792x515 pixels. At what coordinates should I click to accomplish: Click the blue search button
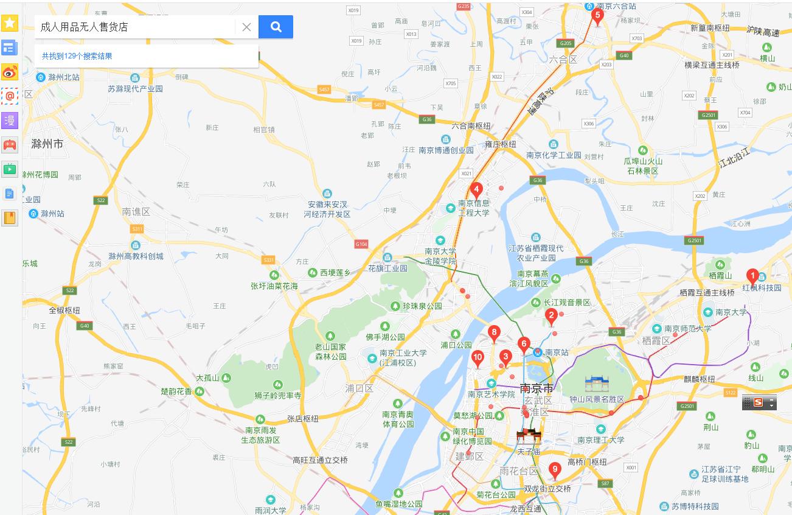(x=276, y=27)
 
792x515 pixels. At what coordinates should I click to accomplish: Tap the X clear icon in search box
(x=246, y=27)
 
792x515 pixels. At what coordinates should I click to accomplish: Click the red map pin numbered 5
(x=597, y=16)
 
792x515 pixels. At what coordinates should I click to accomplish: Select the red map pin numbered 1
(x=752, y=276)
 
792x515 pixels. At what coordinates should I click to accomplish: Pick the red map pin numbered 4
(x=477, y=189)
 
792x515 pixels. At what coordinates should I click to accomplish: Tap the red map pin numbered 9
(x=554, y=469)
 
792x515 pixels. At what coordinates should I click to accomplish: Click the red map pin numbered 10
(x=478, y=358)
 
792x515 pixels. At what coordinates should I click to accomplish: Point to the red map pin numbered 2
(x=551, y=316)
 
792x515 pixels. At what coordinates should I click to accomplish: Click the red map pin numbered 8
(x=494, y=333)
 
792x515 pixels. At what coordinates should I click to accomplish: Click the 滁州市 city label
(x=47, y=144)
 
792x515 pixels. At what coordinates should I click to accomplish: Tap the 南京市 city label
(x=537, y=388)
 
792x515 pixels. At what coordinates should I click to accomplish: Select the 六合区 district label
(x=562, y=59)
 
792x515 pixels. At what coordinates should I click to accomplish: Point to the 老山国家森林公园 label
(x=330, y=351)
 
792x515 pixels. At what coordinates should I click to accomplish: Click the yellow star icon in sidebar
(x=10, y=23)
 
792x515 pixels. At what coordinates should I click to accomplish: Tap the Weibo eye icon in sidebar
(x=10, y=72)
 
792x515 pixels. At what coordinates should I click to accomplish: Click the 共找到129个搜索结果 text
(x=77, y=56)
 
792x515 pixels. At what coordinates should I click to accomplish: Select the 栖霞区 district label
(x=656, y=340)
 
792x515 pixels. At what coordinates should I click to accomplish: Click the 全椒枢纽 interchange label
(x=64, y=310)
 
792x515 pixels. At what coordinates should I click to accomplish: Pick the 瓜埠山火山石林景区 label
(x=642, y=166)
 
